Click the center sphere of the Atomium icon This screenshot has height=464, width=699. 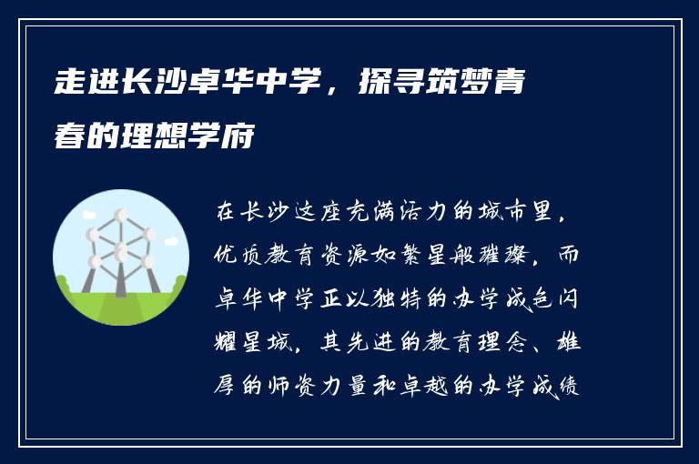(121, 247)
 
